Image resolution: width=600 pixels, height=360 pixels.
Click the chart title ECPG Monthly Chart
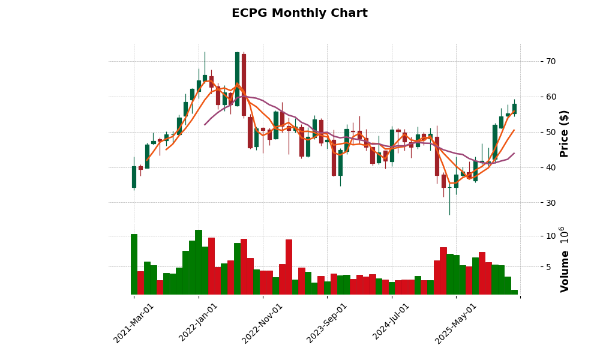pyautogui.click(x=299, y=13)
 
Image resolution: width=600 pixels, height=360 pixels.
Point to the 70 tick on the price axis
pyautogui.click(x=550, y=61)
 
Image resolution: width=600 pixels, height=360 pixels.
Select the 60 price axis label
pyautogui.click(x=550, y=97)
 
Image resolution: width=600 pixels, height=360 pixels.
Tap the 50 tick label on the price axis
pyautogui.click(x=550, y=132)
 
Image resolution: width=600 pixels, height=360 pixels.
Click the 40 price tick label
pyautogui.click(x=550, y=167)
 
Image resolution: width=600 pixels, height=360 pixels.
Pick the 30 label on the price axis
pyautogui.click(x=550, y=203)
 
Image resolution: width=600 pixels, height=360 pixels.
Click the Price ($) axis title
pyautogui.click(x=565, y=133)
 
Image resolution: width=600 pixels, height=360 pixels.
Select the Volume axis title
pyautogui.click(x=565, y=259)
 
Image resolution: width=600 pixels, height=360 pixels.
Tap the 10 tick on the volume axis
pyautogui.click(x=547, y=236)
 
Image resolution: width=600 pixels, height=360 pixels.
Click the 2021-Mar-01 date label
pyautogui.click(x=134, y=323)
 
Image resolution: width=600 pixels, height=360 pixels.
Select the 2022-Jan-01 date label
pyautogui.click(x=199, y=323)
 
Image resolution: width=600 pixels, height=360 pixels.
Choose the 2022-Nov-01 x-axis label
pyautogui.click(x=262, y=323)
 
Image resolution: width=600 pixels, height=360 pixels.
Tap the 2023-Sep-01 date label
pyautogui.click(x=327, y=323)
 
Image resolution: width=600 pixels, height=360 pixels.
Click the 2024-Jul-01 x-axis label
pyautogui.click(x=391, y=323)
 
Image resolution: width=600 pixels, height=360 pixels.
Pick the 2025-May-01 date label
pyautogui.click(x=456, y=323)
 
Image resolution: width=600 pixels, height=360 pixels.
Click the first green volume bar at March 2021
pyautogui.click(x=134, y=264)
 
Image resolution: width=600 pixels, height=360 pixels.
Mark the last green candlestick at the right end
pyautogui.click(x=514, y=109)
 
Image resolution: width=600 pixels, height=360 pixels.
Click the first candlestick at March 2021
pyautogui.click(x=134, y=177)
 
